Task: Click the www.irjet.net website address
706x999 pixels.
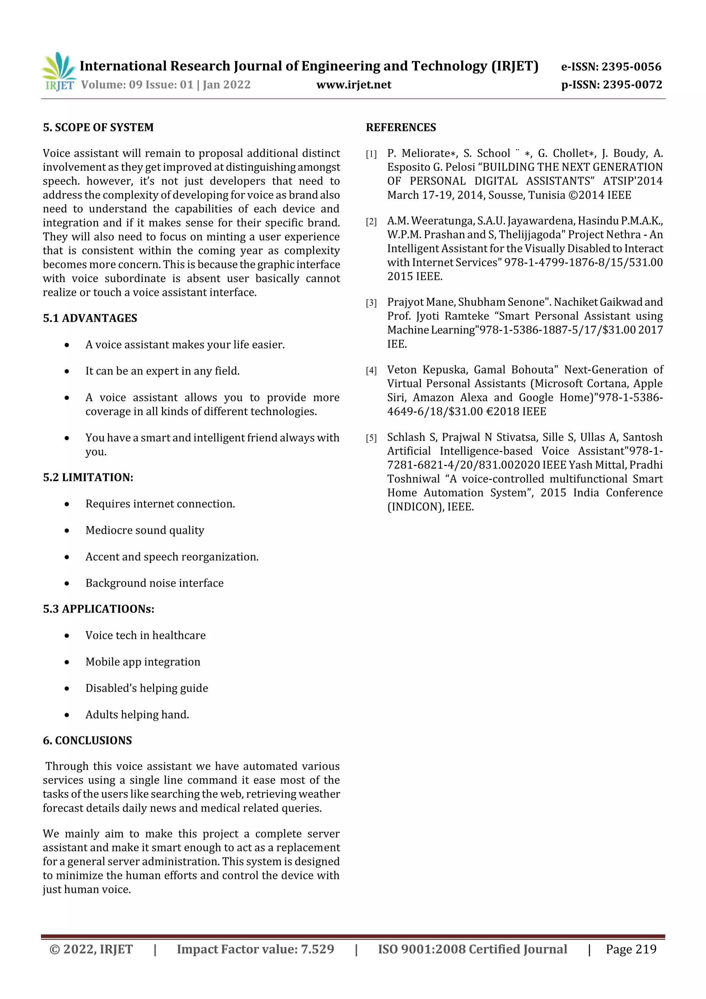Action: click(354, 85)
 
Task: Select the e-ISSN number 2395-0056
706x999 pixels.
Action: click(631, 67)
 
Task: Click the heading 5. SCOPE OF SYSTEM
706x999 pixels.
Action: click(98, 128)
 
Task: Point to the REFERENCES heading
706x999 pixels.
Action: click(401, 128)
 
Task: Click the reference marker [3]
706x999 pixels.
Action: click(371, 303)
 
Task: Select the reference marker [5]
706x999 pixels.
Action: click(371, 438)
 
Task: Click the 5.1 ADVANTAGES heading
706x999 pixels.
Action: click(90, 318)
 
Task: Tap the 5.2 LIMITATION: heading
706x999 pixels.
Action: click(88, 477)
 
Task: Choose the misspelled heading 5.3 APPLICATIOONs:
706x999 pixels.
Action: click(99, 609)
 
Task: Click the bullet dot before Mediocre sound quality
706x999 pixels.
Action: click(67, 531)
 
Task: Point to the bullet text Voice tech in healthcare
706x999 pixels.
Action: click(145, 635)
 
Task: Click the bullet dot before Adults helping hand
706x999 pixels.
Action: click(67, 715)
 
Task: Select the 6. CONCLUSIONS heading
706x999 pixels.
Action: click(88, 741)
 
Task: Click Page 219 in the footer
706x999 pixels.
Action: click(631, 949)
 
